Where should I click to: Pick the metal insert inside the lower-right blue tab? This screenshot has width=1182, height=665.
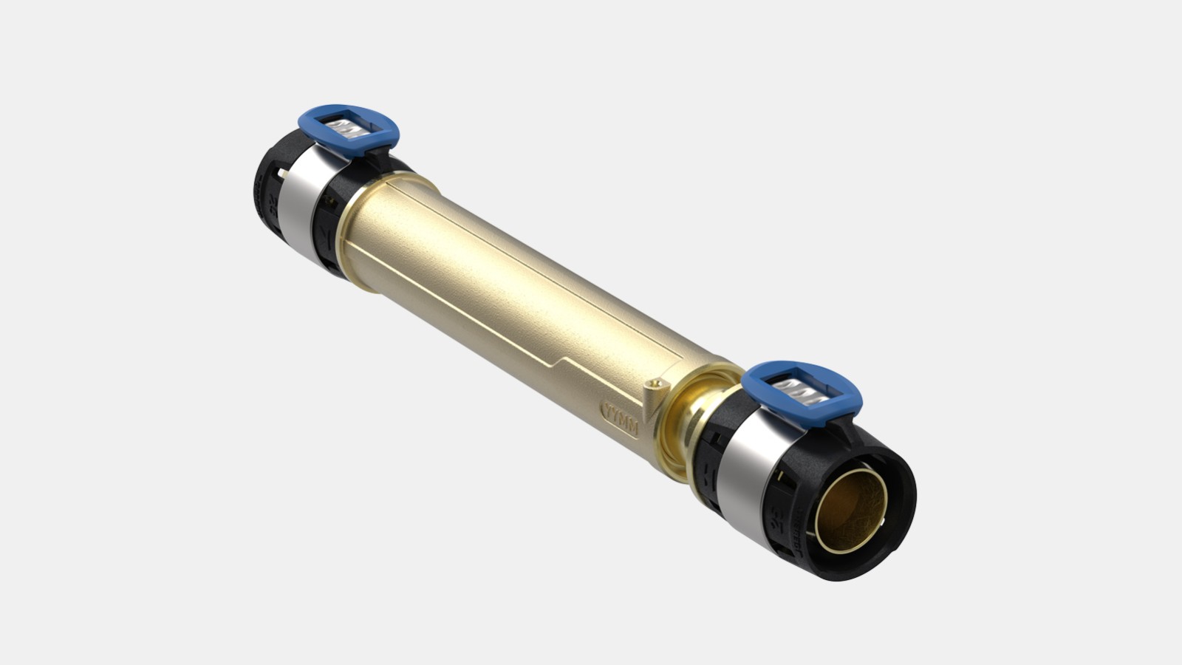tap(802, 391)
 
